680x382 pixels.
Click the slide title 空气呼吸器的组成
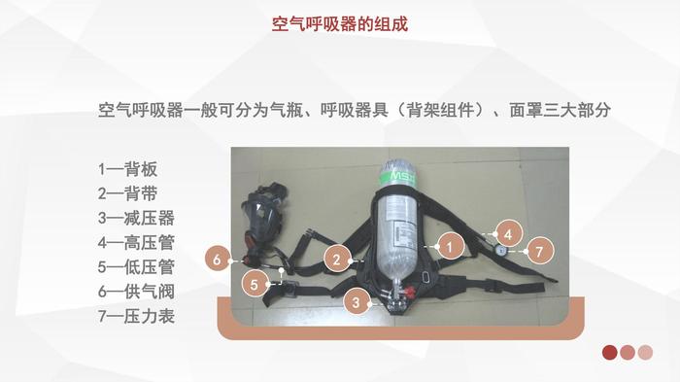click(x=340, y=24)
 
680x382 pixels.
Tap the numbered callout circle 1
click(x=450, y=247)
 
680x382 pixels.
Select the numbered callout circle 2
click(x=337, y=260)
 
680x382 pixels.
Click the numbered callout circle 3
click(x=357, y=301)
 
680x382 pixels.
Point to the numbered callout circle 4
click(x=508, y=234)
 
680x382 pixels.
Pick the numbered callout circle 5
click(x=255, y=285)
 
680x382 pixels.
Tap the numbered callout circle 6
click(x=218, y=260)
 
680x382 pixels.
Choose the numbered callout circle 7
click(x=539, y=252)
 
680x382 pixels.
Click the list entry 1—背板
click(x=127, y=169)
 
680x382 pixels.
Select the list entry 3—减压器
click(x=136, y=218)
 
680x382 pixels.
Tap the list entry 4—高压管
click(x=136, y=242)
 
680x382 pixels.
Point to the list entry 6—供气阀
click(x=136, y=292)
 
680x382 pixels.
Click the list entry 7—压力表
click(x=136, y=316)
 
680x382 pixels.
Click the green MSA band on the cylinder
click(x=398, y=177)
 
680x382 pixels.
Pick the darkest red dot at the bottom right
click(x=610, y=352)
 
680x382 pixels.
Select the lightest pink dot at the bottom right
click(x=645, y=352)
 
